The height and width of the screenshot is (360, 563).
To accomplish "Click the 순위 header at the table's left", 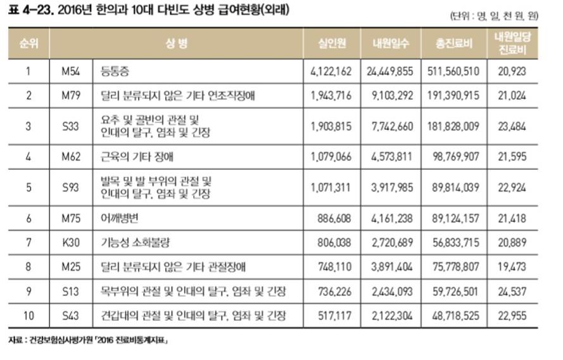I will pyautogui.click(x=28, y=44).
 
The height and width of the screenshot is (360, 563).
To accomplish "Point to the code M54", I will pyautogui.click(x=71, y=72).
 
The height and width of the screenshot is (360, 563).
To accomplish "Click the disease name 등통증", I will pyautogui.click(x=115, y=72).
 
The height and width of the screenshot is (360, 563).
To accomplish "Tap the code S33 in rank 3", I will pyautogui.click(x=71, y=126).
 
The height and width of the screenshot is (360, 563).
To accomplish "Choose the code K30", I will pyautogui.click(x=71, y=241).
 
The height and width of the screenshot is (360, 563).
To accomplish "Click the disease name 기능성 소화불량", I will pyautogui.click(x=136, y=241).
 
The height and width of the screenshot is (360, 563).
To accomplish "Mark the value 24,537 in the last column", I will pyautogui.click(x=512, y=292).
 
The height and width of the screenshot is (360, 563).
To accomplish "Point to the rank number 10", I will pyautogui.click(x=28, y=316).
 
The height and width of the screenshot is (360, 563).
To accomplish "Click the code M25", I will pyautogui.click(x=71, y=267).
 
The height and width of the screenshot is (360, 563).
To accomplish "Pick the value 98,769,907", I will pyautogui.click(x=455, y=157).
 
